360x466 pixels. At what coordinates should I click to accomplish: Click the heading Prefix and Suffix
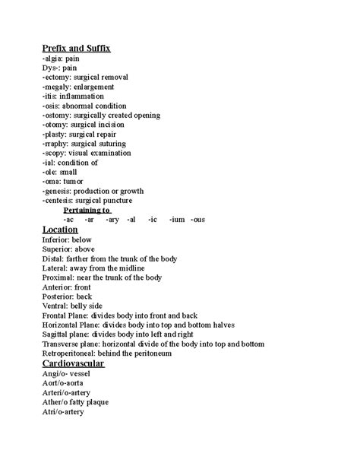point(77,49)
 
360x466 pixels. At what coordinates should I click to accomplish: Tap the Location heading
point(60,229)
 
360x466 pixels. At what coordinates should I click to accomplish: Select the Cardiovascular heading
point(74,363)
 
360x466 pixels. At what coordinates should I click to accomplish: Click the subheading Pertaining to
point(87,209)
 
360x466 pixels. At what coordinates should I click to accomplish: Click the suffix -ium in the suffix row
point(177,219)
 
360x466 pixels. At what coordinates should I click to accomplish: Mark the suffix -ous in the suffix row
point(197,219)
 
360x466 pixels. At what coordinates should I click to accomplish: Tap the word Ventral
point(57,306)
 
